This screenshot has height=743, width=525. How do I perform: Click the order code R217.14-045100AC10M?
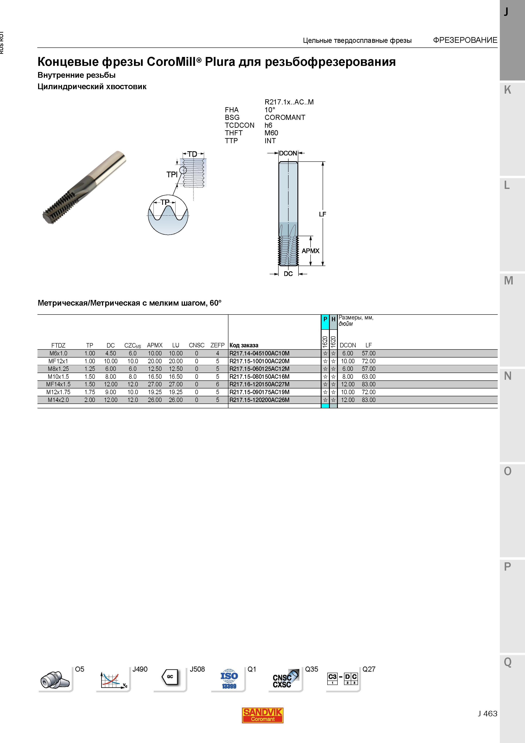[x=259, y=353]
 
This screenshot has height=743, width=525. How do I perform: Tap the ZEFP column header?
[x=217, y=345]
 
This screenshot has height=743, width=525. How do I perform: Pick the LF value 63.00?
[x=368, y=377]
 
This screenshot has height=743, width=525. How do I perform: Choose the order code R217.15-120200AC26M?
[x=259, y=400]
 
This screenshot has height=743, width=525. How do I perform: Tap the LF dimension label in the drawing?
[x=322, y=214]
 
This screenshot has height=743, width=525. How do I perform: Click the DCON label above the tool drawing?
[x=288, y=153]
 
